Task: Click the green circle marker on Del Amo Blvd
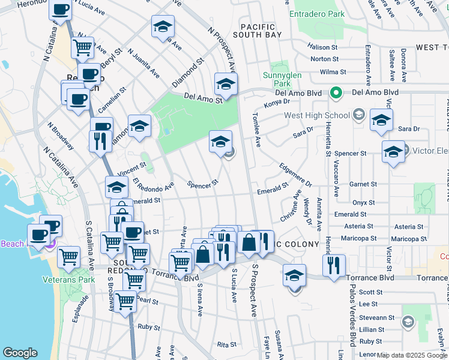(337, 93)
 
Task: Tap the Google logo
(20, 353)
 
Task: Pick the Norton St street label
(325, 59)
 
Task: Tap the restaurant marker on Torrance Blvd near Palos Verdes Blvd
(334, 264)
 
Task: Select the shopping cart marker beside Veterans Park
(69, 257)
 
